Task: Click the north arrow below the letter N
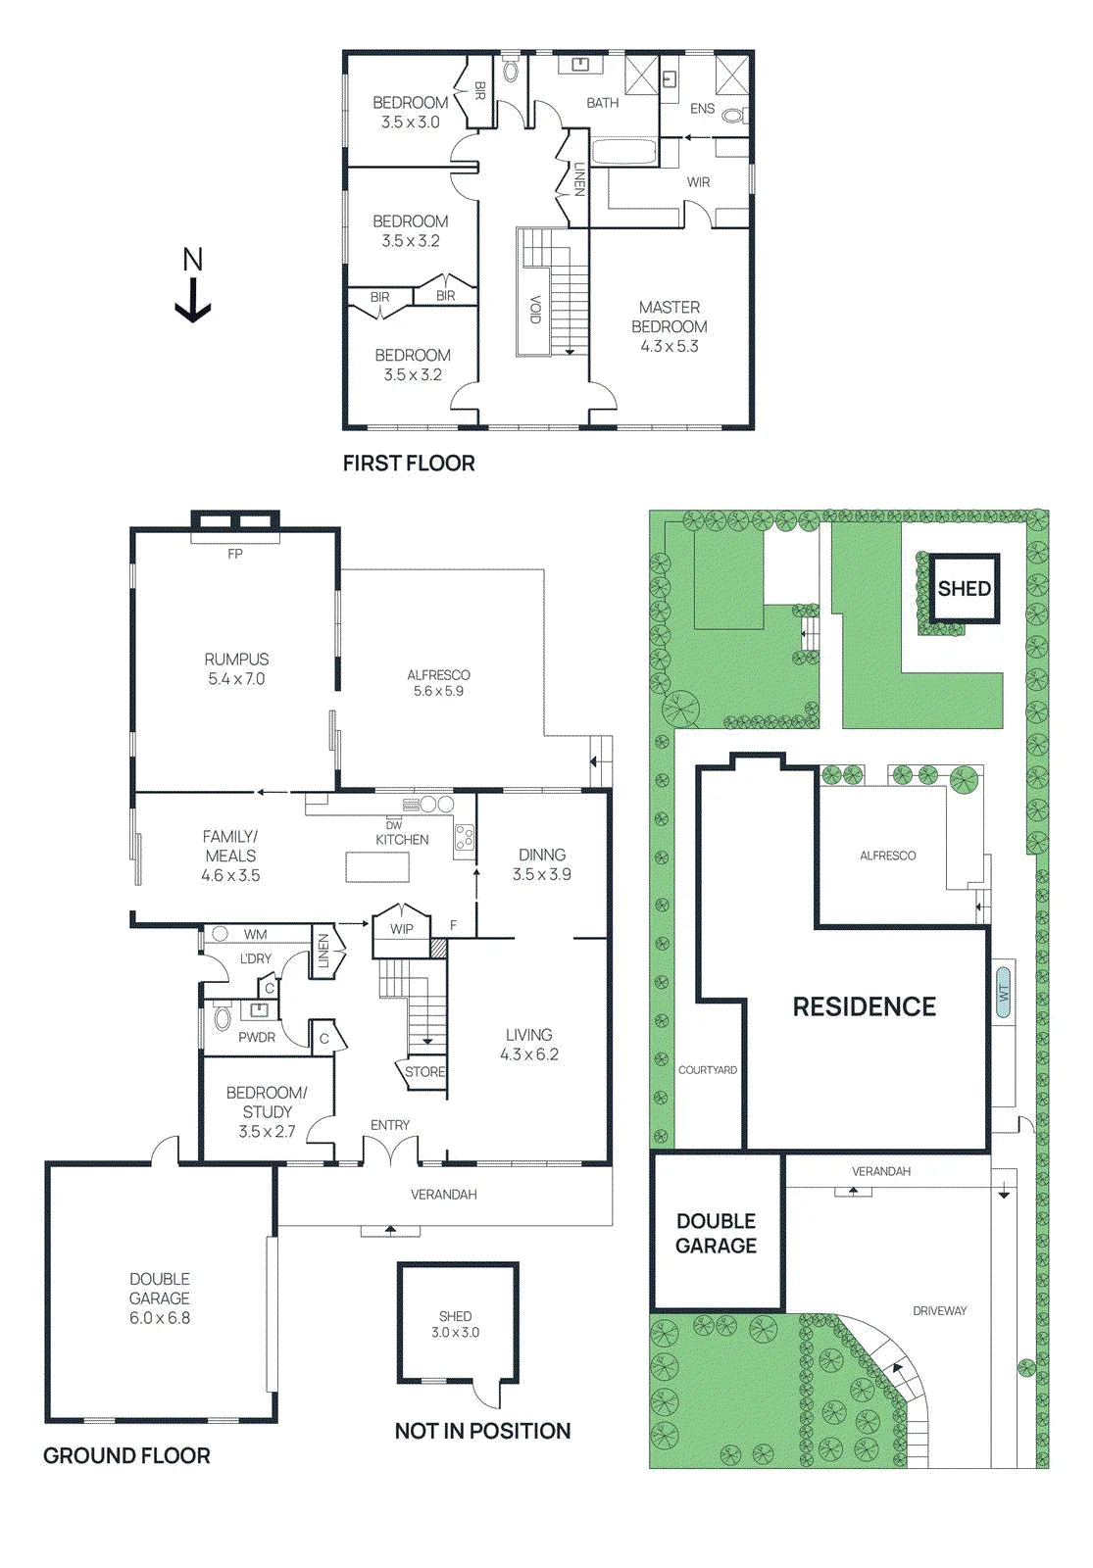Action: [x=192, y=300]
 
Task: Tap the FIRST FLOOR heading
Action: [x=409, y=464]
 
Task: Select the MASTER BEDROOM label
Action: [x=670, y=317]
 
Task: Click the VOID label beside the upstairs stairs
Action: [x=535, y=310]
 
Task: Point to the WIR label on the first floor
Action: [x=698, y=182]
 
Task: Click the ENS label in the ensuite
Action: [x=702, y=109]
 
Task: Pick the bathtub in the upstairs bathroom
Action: [x=624, y=152]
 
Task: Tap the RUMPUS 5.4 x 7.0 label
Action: [x=236, y=668]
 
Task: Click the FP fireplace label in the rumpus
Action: [x=235, y=554]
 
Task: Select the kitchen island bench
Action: [x=378, y=868]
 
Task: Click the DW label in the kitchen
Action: [x=394, y=826]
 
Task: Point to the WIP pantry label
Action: [x=402, y=929]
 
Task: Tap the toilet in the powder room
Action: [x=222, y=1017]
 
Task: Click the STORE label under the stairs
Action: [x=425, y=1072]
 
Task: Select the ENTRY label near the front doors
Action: [x=390, y=1125]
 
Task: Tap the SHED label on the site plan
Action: [x=965, y=589]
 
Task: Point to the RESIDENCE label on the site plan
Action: [x=864, y=1006]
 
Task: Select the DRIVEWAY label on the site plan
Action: [x=940, y=1311]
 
